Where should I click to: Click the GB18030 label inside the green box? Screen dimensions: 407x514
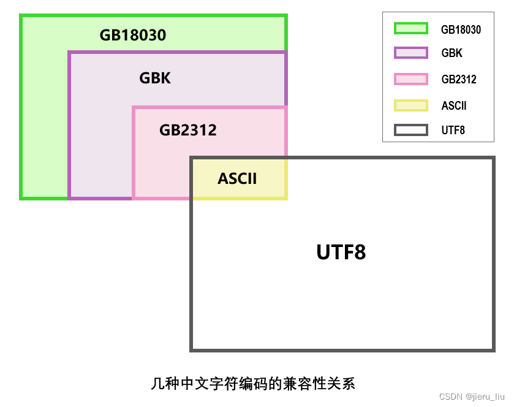click(133, 35)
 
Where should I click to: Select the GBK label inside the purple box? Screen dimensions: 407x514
click(155, 78)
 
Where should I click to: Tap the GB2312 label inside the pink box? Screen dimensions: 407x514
click(188, 130)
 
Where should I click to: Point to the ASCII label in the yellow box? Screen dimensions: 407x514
click(237, 178)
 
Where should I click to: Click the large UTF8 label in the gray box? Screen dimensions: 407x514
click(341, 252)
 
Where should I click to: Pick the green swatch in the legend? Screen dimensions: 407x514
click(410, 28)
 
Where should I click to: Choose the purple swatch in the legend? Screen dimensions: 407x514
click(410, 53)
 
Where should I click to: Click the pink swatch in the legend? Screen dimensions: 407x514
click(410, 79)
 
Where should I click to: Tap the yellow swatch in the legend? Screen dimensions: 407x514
click(410, 105)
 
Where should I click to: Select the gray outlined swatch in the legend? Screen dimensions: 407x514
click(410, 130)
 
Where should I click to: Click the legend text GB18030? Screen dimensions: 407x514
click(461, 29)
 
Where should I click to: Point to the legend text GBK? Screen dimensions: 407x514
click(452, 54)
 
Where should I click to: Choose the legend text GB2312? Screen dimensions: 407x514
click(458, 80)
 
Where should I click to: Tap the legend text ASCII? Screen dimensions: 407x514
click(454, 105)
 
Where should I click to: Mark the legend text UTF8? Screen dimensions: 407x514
click(453, 131)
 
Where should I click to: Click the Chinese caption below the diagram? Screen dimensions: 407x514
click(252, 384)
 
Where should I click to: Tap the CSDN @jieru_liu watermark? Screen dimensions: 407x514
click(472, 397)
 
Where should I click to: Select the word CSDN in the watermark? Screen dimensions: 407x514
click(450, 397)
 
